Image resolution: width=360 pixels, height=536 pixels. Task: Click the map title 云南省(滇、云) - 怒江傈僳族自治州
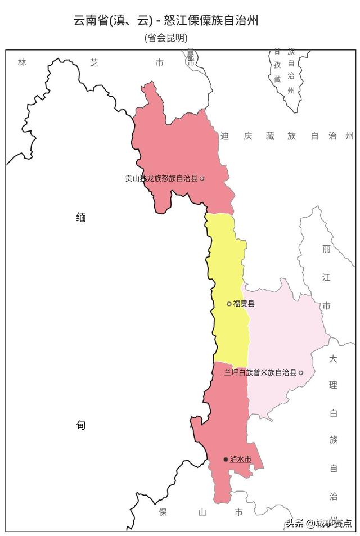click(x=166, y=21)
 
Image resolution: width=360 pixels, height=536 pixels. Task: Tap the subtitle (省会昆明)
click(x=166, y=38)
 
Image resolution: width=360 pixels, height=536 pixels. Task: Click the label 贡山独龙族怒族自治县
click(x=161, y=178)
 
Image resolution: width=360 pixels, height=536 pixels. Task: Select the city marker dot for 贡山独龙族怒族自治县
click(x=202, y=178)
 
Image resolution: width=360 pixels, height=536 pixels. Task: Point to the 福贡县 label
click(x=244, y=304)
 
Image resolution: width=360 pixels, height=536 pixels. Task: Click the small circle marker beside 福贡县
click(x=229, y=304)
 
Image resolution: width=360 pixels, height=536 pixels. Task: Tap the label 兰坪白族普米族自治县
click(x=260, y=372)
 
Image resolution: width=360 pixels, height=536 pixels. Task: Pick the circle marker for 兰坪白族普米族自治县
click(x=301, y=372)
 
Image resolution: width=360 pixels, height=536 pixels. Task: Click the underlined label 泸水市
click(x=240, y=460)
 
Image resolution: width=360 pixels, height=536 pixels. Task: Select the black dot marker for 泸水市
click(x=226, y=460)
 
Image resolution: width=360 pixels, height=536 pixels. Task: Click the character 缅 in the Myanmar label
click(x=81, y=217)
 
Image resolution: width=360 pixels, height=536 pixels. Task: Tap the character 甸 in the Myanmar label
click(x=81, y=425)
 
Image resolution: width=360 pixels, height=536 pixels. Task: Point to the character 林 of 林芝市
click(x=22, y=62)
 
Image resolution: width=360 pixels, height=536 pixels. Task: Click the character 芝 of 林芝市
click(x=94, y=62)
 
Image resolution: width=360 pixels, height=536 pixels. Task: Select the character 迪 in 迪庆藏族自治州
click(x=225, y=136)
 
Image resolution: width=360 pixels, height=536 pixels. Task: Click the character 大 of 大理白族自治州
click(x=333, y=358)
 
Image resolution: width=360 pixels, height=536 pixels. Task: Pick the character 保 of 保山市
click(x=163, y=512)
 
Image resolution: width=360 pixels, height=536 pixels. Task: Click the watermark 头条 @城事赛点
click(x=318, y=523)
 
